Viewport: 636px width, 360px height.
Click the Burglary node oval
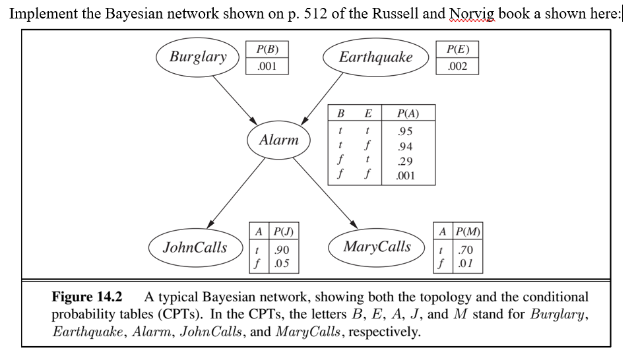198,57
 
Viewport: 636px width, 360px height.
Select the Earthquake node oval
375,57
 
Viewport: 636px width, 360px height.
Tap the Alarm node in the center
278,140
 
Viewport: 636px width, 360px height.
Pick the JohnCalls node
195,247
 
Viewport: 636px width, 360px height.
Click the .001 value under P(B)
267,67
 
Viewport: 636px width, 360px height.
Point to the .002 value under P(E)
457,67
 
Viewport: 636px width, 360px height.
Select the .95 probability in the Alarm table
405,131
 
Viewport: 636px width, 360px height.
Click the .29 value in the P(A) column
405,162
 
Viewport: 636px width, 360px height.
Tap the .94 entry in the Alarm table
405,146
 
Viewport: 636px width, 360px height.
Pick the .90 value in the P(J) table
282,251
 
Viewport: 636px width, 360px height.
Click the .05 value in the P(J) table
282,264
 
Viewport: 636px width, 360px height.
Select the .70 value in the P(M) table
465,251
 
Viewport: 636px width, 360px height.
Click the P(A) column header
405,113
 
